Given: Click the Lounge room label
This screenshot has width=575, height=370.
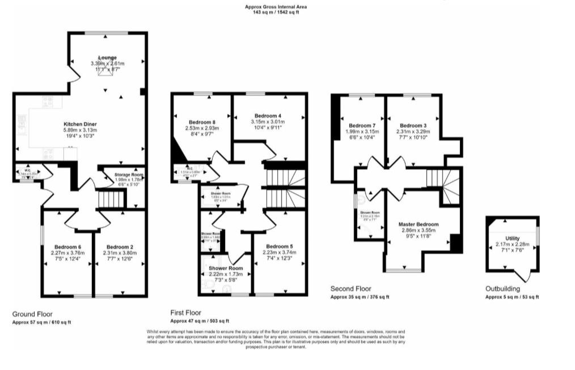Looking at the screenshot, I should click(107, 58).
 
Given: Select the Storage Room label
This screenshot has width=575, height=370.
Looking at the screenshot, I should click(128, 175).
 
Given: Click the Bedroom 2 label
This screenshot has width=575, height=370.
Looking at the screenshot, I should click(120, 247).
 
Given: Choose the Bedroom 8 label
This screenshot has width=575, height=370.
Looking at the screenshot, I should click(202, 121).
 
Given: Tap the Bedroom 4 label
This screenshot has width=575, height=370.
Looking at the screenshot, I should click(268, 115).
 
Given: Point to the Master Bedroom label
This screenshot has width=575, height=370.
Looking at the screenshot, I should click(418, 224).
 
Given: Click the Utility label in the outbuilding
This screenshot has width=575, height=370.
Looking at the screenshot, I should click(512, 239).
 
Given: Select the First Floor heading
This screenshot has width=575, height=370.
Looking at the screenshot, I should click(186, 313).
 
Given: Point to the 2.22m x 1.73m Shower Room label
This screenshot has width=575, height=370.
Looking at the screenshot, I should click(225, 268).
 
